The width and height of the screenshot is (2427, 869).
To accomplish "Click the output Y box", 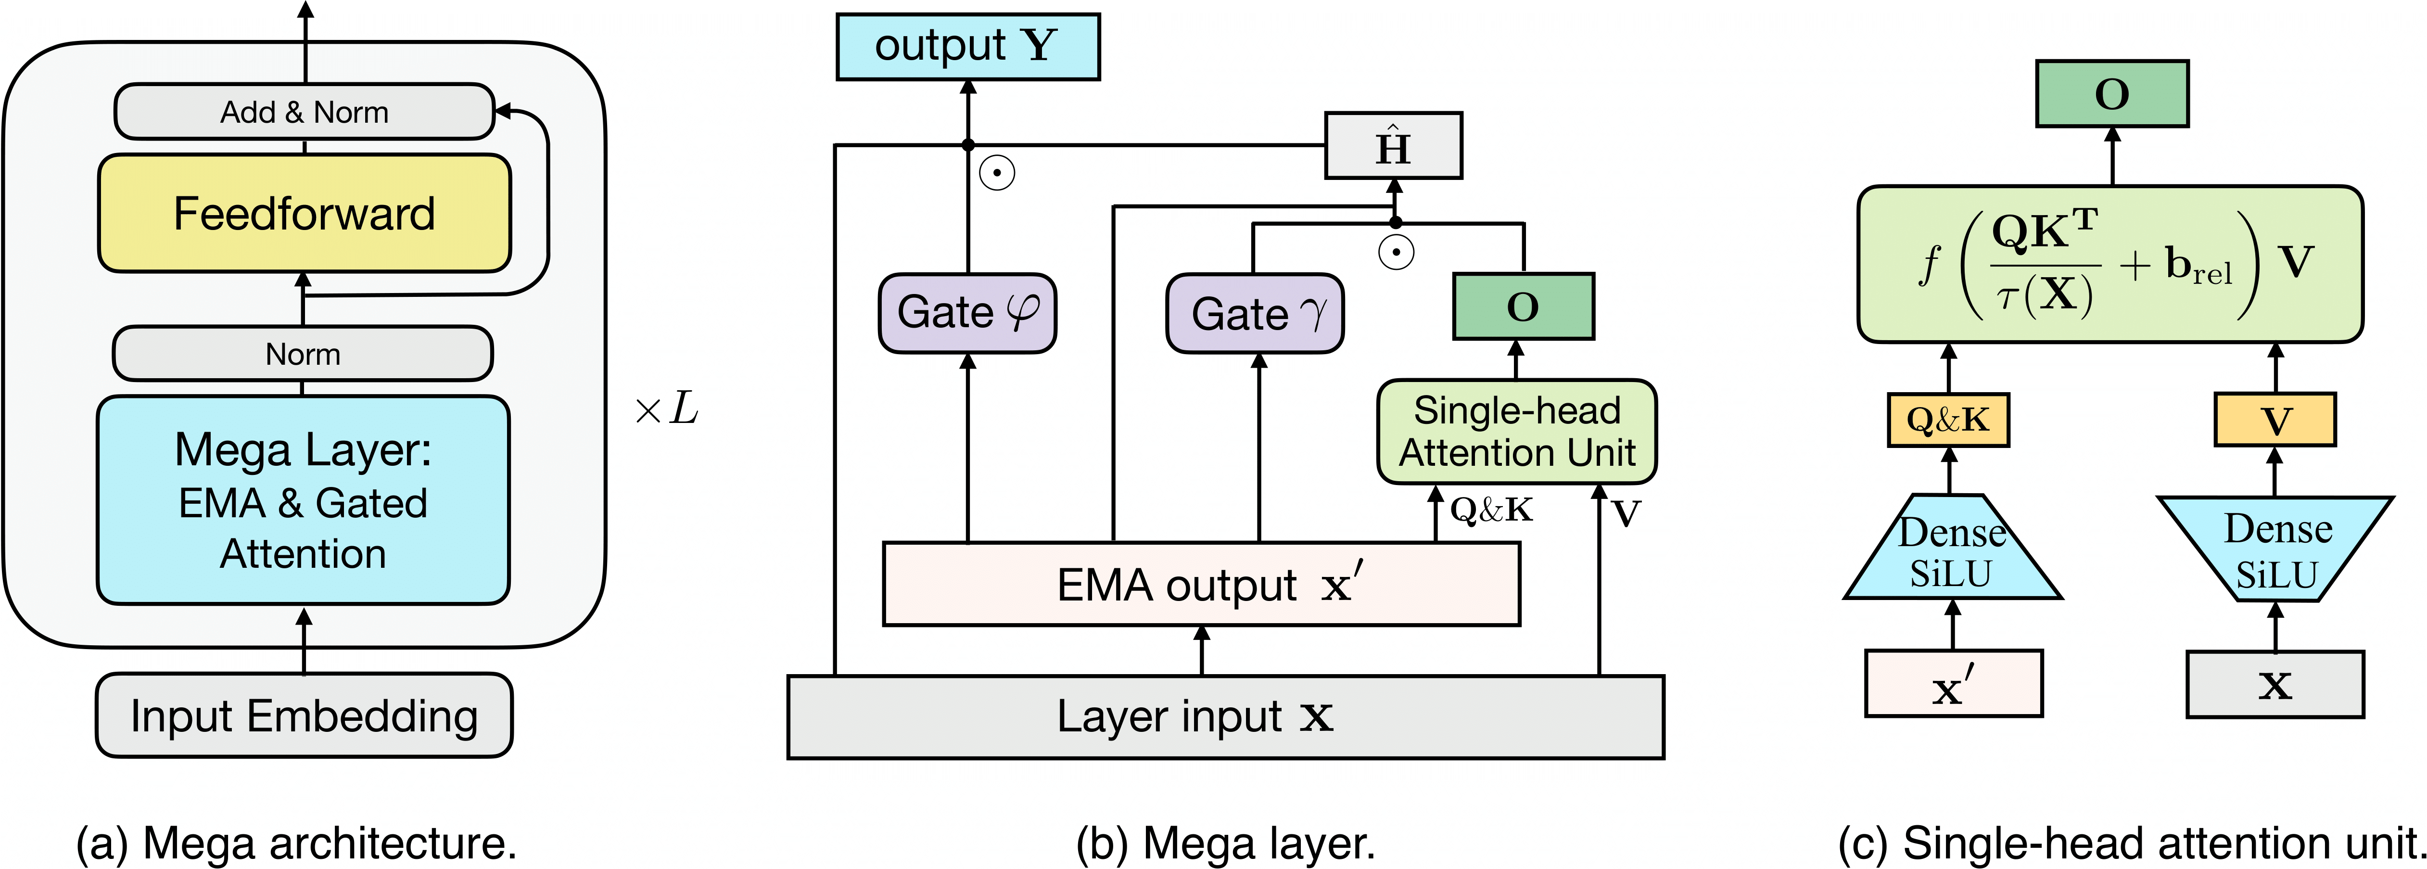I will coord(967,46).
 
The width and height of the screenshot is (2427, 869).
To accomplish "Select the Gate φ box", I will coord(966,313).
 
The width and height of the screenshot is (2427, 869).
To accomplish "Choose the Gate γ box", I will coord(1254,314).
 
